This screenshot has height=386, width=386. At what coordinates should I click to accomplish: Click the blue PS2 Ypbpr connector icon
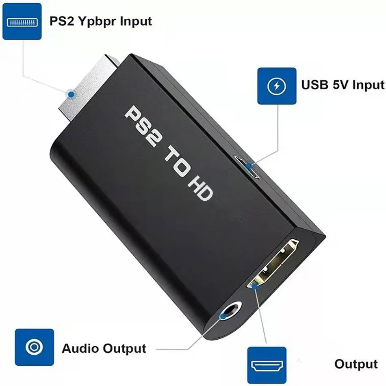(x=22, y=21)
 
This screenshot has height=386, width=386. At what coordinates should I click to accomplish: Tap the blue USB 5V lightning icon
(x=277, y=86)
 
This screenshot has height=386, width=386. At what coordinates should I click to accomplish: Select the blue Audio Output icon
(x=34, y=348)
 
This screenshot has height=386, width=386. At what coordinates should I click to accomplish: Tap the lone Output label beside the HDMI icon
(x=356, y=364)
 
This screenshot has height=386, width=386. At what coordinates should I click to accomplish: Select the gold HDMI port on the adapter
(x=275, y=264)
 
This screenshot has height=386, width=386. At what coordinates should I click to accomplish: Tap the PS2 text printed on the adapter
(x=142, y=124)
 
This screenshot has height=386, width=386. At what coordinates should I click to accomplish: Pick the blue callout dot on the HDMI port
(x=255, y=286)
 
